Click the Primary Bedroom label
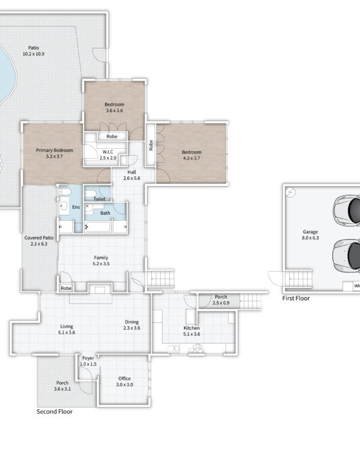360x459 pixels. coord(55,150)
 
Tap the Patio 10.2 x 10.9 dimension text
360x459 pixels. coord(34,54)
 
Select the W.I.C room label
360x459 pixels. coord(108,152)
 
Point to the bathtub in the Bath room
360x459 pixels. coord(98,227)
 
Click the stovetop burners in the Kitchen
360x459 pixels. coord(196,349)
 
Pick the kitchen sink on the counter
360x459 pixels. coord(173,348)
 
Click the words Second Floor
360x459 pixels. coord(55,411)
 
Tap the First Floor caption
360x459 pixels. coord(296,298)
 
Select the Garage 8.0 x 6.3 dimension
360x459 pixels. coord(311,238)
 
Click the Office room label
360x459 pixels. coord(124,379)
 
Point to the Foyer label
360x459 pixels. coord(88,358)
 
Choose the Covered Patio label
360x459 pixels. coord(39,238)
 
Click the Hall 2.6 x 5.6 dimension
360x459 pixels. coord(132,178)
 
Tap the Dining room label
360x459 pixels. coord(132,322)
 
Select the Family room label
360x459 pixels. coord(101,257)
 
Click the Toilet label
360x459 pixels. coord(99,199)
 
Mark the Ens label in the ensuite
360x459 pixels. coord(76,207)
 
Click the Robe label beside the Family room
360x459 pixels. coord(66,288)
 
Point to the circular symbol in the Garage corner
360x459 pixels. coord(290,192)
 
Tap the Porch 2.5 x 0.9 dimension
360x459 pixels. coord(221,303)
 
